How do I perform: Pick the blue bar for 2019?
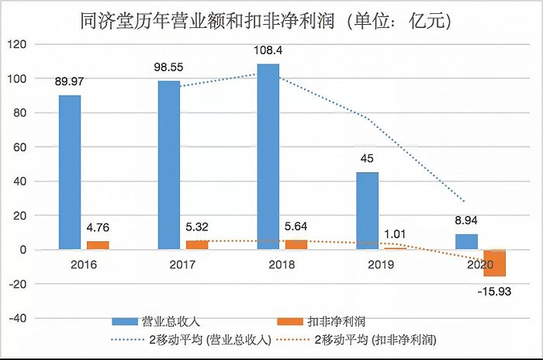click(x=367, y=211)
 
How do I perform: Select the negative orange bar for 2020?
click(x=494, y=263)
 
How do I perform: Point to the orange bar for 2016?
click(x=98, y=246)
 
